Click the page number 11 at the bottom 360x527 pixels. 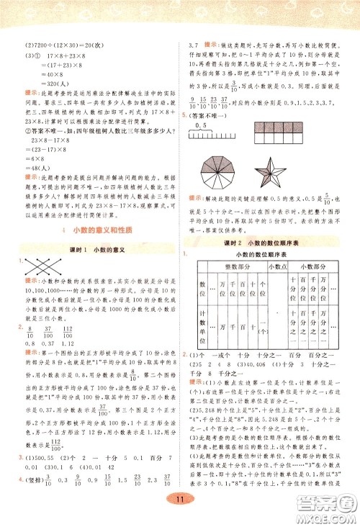click(x=179, y=500)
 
